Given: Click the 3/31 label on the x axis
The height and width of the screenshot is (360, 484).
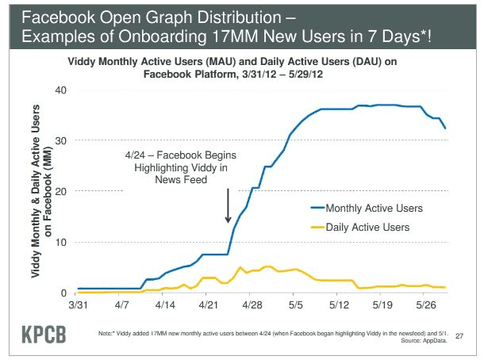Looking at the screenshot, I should click(79, 304).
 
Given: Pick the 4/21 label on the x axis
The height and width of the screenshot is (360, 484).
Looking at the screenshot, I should click(208, 304).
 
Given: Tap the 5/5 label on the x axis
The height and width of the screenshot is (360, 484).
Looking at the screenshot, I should click(296, 304).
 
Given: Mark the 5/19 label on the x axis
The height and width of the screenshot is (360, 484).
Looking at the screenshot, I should click(382, 304).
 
